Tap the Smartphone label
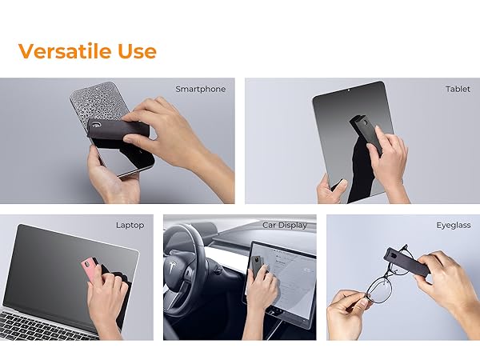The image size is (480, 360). (x=201, y=89)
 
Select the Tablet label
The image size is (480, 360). (x=458, y=89)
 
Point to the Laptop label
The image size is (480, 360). (x=130, y=226)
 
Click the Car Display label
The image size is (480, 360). (x=285, y=225)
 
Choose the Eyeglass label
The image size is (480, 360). (x=454, y=226)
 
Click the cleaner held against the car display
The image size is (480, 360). (x=256, y=266)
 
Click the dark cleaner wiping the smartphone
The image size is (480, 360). (x=118, y=129)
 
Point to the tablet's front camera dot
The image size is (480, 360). (x=349, y=90)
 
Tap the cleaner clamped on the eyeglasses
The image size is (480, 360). (x=407, y=262)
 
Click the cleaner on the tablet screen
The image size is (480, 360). (x=366, y=133)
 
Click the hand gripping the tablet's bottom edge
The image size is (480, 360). (x=331, y=189)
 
